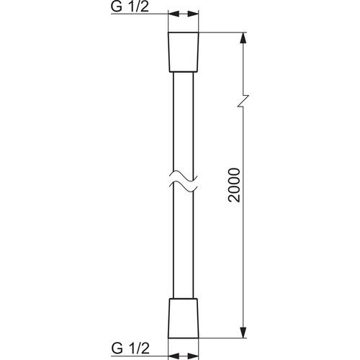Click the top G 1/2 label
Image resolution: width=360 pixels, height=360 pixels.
[130, 6]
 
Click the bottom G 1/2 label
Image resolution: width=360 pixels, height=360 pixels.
[130, 348]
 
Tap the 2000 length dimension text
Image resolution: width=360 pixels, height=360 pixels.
[234, 185]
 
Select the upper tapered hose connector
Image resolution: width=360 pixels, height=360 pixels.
[184, 52]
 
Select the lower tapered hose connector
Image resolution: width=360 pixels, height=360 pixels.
[184, 318]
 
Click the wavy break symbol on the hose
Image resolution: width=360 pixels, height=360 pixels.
[184, 181]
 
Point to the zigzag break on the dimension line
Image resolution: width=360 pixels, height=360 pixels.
[243, 101]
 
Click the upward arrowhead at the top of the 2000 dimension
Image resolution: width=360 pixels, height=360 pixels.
[243, 38]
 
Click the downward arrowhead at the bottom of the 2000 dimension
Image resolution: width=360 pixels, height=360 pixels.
[243, 332]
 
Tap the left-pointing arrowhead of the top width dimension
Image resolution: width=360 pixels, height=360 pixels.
[174, 14]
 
